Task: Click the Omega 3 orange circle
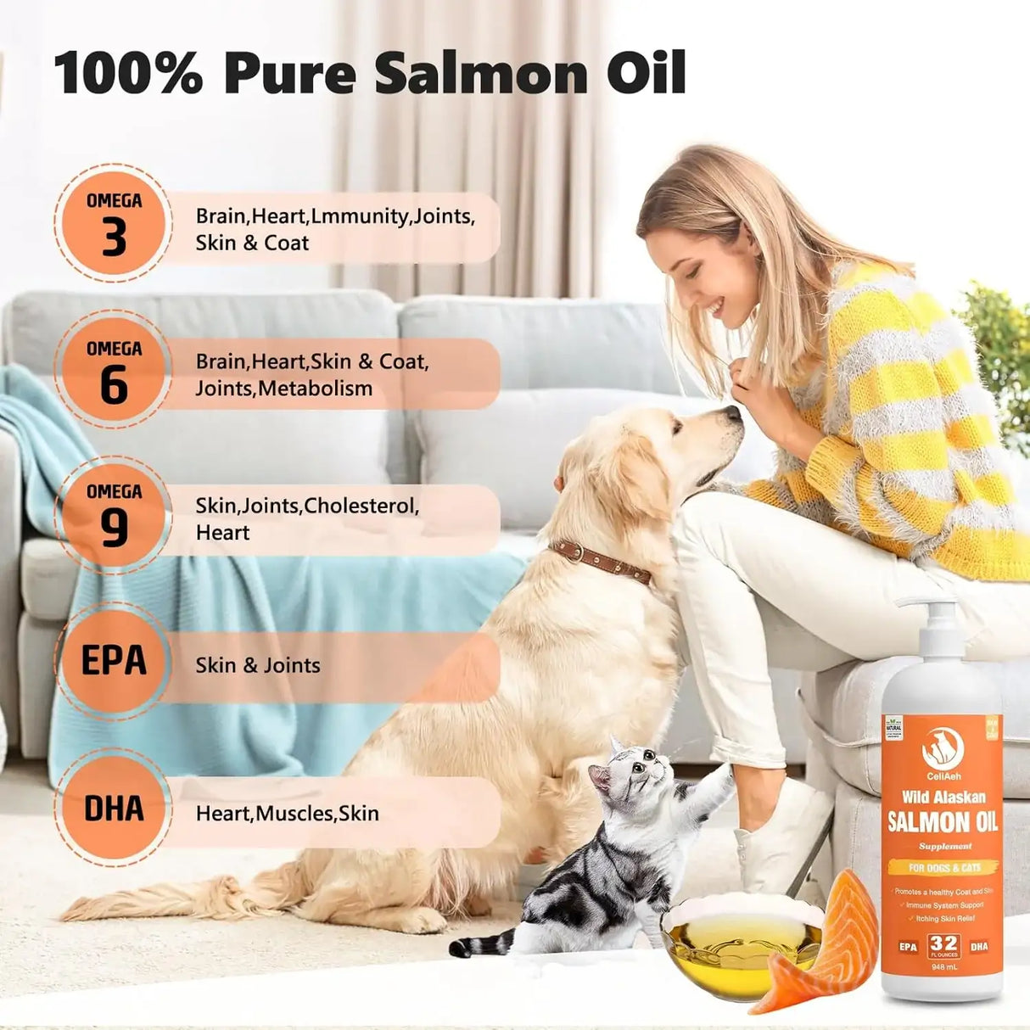113,223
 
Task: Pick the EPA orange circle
113,662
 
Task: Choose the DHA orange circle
113,809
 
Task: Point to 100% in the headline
128,74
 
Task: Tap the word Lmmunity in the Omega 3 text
360,216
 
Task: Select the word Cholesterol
360,506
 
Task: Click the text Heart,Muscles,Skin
287,814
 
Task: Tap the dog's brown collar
600,562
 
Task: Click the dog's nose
732,414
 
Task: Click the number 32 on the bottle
943,943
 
